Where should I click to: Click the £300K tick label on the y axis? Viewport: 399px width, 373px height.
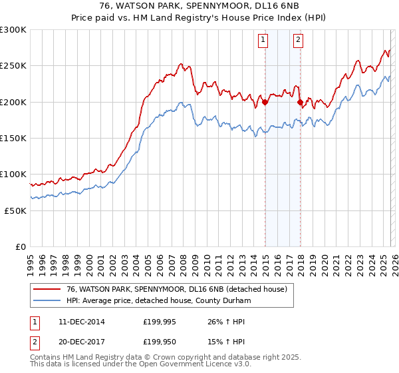(13, 30)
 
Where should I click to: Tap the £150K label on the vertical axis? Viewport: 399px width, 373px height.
(13, 138)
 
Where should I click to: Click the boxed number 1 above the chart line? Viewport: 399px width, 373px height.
(264, 40)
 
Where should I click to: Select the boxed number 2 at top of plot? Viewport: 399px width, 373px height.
(297, 40)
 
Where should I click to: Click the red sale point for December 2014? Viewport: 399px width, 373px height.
(265, 102)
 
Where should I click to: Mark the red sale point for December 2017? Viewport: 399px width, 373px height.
(300, 102)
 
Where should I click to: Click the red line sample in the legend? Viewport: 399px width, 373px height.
(47, 289)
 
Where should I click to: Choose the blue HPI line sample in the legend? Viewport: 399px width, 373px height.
(47, 300)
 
